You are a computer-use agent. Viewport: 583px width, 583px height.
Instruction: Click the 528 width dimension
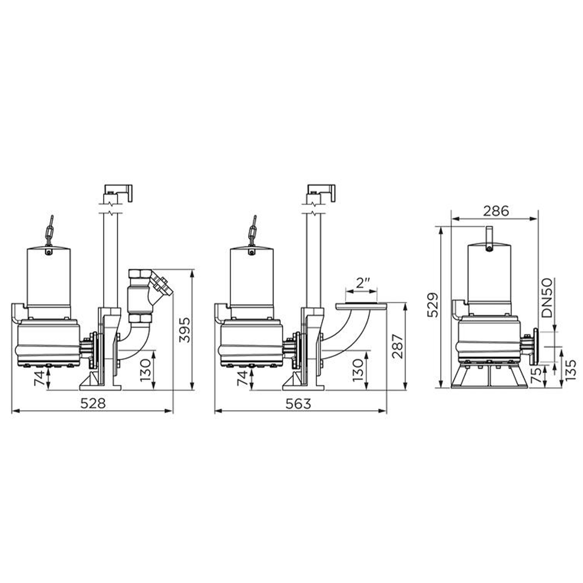(93, 403)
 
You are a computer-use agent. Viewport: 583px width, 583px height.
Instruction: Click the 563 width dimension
(298, 403)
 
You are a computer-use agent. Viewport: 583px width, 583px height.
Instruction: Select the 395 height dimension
(185, 330)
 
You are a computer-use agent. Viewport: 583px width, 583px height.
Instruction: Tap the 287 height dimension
(397, 346)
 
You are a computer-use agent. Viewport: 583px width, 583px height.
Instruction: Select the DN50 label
(547, 298)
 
